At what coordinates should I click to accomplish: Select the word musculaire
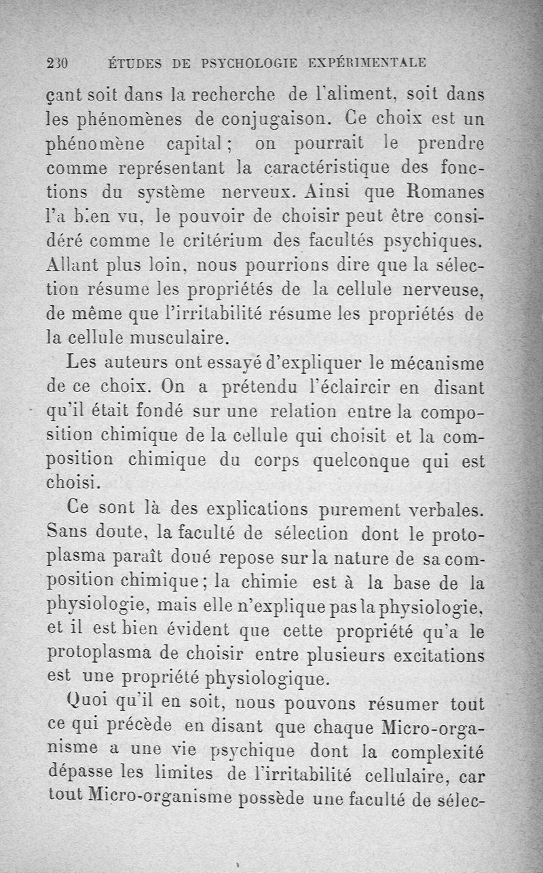(x=183, y=336)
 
